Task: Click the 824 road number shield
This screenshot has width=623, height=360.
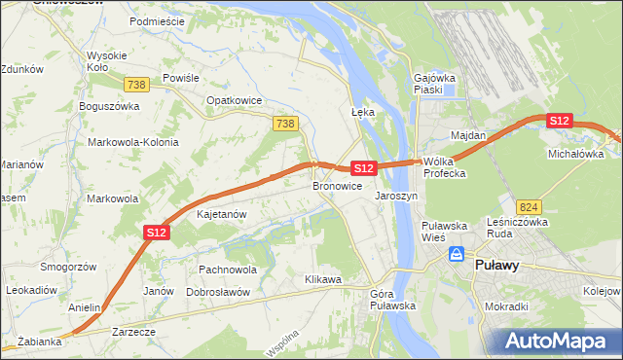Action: coord(530,207)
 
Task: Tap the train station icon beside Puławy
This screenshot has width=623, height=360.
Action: coord(456,255)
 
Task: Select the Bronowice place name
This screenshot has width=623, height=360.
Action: coord(337,186)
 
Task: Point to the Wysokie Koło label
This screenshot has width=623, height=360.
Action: coord(108,61)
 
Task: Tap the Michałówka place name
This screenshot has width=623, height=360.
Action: coord(576,155)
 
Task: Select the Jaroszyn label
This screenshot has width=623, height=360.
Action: coord(396,196)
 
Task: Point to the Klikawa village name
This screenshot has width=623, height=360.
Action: coord(322,280)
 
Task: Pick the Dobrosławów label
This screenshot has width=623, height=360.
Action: coord(218,292)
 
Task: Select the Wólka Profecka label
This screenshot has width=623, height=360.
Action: coord(446,167)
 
